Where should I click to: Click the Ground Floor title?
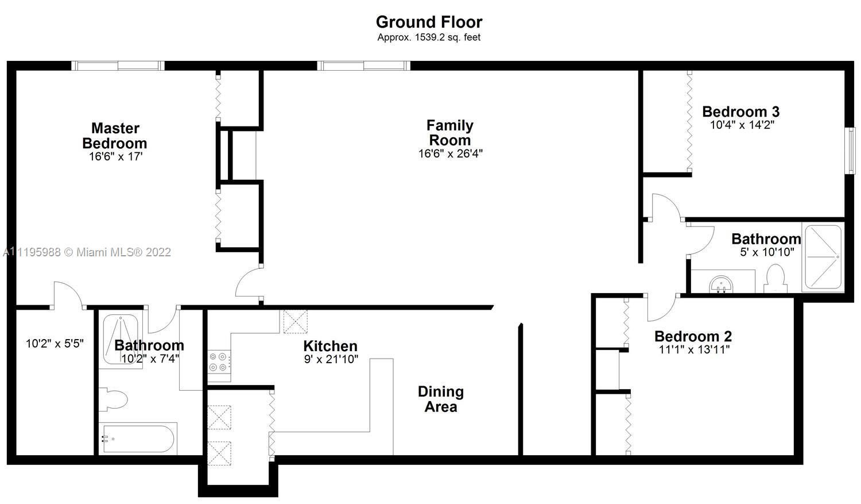coord(429,22)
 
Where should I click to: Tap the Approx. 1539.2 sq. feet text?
coord(429,37)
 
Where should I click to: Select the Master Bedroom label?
coord(115,136)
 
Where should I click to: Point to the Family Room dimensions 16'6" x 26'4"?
coord(450,153)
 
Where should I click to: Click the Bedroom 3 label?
coord(740,111)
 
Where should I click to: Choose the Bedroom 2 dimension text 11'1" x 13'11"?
coord(694,349)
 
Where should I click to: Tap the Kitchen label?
coord(330,346)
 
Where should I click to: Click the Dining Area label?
coord(441,399)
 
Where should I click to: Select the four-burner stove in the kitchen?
coord(219,362)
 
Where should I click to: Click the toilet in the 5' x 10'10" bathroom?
coord(775,278)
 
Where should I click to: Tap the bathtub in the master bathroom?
coord(138,438)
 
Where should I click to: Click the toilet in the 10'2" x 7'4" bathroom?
coord(113,400)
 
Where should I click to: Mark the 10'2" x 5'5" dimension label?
coord(55,343)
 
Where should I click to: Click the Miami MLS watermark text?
coord(87,252)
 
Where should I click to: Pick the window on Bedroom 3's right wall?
coord(852,151)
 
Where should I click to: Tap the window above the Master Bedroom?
coord(118,66)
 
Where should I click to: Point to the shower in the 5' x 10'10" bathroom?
coord(823,257)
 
